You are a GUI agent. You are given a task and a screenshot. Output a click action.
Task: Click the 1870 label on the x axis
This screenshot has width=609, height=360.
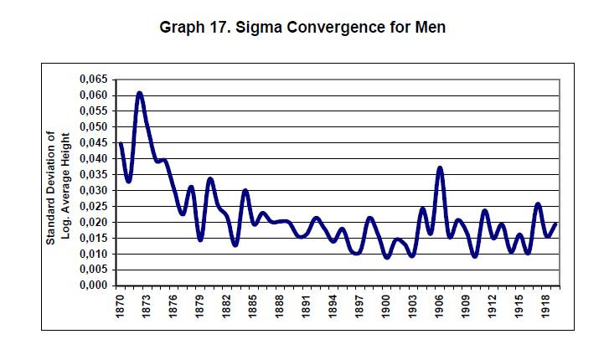pos(121,306)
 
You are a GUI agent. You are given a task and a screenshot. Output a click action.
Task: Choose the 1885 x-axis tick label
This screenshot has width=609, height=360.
pos(254,306)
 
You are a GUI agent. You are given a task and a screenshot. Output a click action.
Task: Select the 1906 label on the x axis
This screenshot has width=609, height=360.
pos(439,306)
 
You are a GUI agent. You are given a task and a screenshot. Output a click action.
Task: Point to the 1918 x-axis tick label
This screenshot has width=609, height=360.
pos(545,306)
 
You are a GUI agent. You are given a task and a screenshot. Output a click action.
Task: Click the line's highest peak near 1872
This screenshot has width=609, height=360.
pos(139,93)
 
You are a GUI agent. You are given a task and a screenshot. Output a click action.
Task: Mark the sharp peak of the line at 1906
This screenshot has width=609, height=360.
pos(440,168)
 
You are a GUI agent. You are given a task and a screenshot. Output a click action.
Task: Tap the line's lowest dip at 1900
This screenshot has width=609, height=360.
pos(386,257)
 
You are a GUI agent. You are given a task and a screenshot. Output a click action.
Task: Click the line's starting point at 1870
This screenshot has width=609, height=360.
pos(121,144)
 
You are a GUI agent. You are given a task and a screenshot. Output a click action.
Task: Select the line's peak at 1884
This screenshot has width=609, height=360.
pos(245,191)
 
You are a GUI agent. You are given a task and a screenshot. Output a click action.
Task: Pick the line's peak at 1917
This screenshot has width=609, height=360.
pos(537,204)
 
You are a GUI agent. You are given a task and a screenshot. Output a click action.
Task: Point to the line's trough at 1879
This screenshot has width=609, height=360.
pos(200,239)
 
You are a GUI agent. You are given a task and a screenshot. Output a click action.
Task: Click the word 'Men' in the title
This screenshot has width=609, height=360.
pos(430,28)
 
